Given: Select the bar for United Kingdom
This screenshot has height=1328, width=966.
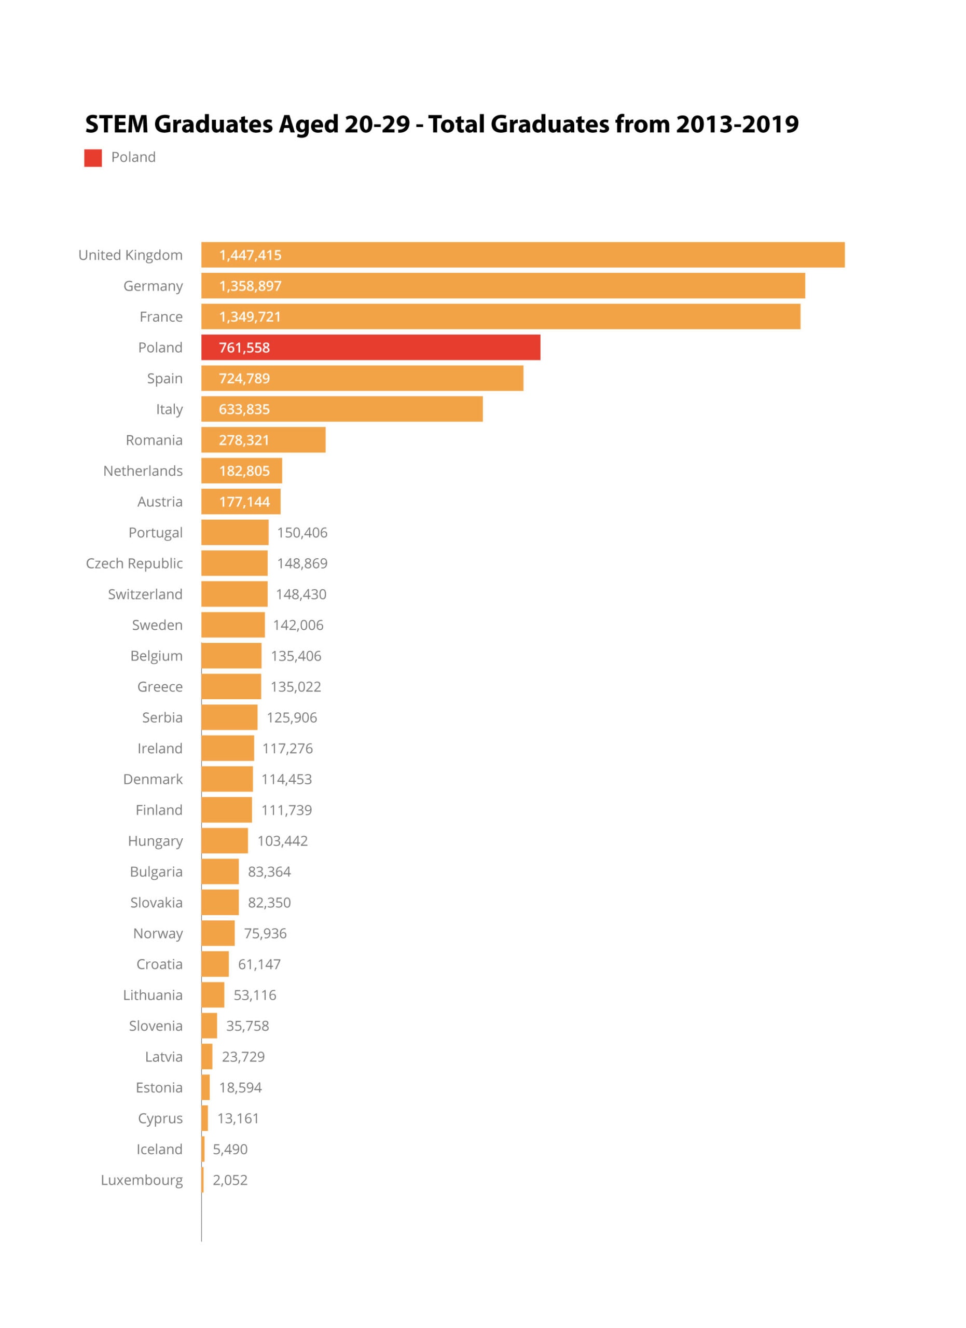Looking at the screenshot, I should pos(522,255).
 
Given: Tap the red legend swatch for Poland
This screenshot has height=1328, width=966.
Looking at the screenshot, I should pos(92,158).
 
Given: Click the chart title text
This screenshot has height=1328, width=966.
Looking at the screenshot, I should pos(441,124).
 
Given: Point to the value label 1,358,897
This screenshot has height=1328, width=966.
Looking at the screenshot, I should pos(250,286).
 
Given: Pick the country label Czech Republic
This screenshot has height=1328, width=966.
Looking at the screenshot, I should pos(134,563).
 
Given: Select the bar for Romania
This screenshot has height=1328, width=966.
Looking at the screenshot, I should pos(263,440).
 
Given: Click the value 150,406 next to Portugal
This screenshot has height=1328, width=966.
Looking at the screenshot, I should pos(302,532).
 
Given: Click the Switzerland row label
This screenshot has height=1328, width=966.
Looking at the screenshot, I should pos(145,594).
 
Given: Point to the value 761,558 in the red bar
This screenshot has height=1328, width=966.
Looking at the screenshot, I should pos(244,347).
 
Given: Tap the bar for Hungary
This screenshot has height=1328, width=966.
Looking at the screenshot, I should pos(224,841).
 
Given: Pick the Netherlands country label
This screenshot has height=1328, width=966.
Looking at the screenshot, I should pos(143,471).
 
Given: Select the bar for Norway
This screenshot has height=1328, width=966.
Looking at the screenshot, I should pos(218,933).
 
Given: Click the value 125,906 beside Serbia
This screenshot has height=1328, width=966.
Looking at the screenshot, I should pos(292,717).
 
